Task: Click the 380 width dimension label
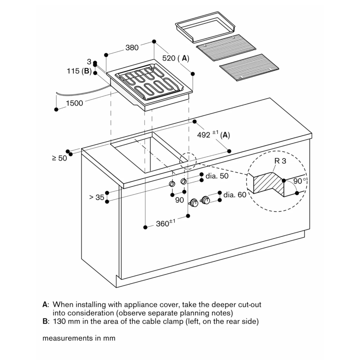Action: pyautogui.click(x=132, y=48)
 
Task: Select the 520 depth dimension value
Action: pyautogui.click(x=169, y=58)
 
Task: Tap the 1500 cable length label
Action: pyautogui.click(x=75, y=103)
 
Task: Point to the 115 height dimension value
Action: pyautogui.click(x=73, y=71)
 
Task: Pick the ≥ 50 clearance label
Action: pyautogui.click(x=59, y=158)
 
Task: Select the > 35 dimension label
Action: pyautogui.click(x=96, y=197)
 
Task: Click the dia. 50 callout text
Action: pyautogui.click(x=217, y=176)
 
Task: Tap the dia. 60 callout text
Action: pyautogui.click(x=235, y=195)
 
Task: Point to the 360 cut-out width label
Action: pyautogui.click(x=163, y=224)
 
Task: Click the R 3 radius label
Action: pyautogui.click(x=280, y=161)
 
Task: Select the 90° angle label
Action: pyautogui.click(x=299, y=181)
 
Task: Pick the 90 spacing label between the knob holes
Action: pyautogui.click(x=179, y=200)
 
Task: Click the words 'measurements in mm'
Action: pyautogui.click(x=79, y=338)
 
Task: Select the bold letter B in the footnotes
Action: pyautogui.click(x=45, y=321)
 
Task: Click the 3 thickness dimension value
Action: pyautogui.click(x=89, y=62)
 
